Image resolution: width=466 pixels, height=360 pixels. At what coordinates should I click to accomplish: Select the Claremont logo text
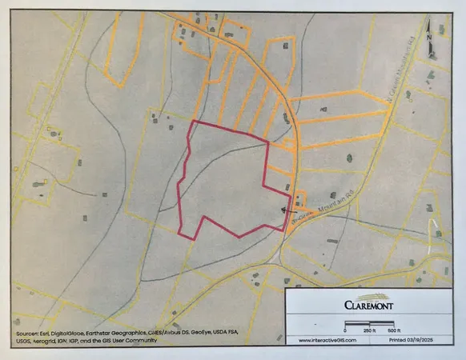(367, 304)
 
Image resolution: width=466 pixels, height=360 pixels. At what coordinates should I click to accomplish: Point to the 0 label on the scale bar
(345, 330)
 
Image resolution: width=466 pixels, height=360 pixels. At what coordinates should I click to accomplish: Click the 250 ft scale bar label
(370, 330)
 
